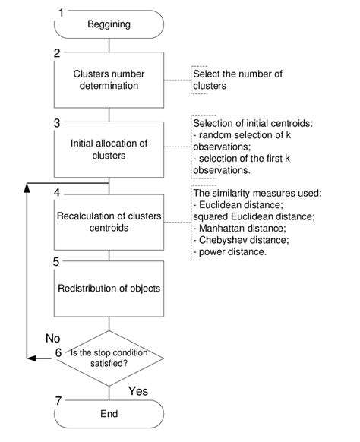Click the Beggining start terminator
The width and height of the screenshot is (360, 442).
pos(110,25)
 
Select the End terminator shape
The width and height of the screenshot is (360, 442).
pos(110,418)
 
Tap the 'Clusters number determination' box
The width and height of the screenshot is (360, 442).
pos(110,81)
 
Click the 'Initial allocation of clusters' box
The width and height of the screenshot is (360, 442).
pos(110,150)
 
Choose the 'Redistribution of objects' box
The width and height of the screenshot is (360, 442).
pos(110,289)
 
